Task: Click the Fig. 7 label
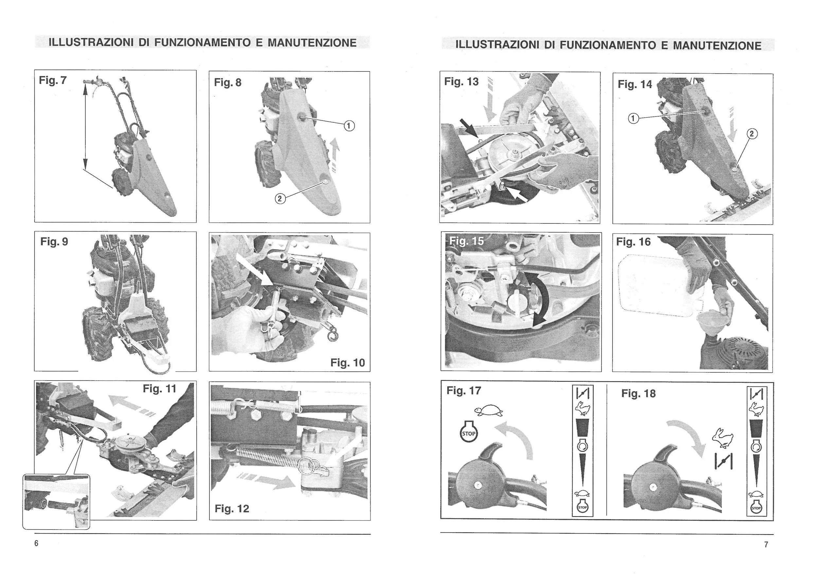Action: pos(53,80)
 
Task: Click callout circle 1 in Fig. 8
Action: pos(349,126)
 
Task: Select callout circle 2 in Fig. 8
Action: pos(280,199)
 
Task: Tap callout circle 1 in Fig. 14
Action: pos(633,118)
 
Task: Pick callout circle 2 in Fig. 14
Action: pos(752,134)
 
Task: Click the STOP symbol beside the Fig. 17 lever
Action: pos(469,433)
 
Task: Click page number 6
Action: pos(36,543)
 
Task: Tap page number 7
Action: pos(766,544)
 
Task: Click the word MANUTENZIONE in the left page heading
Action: pos(312,43)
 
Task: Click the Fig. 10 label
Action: pos(347,363)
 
